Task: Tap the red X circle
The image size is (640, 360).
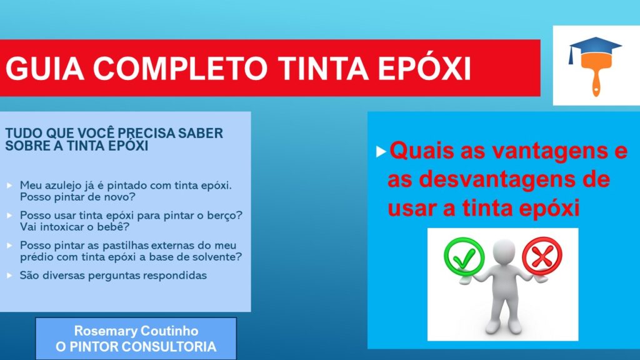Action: [542, 256]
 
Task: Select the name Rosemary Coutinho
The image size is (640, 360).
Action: [136, 331]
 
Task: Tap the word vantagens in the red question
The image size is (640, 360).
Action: [526, 152]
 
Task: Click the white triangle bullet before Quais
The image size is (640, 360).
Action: [381, 152]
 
